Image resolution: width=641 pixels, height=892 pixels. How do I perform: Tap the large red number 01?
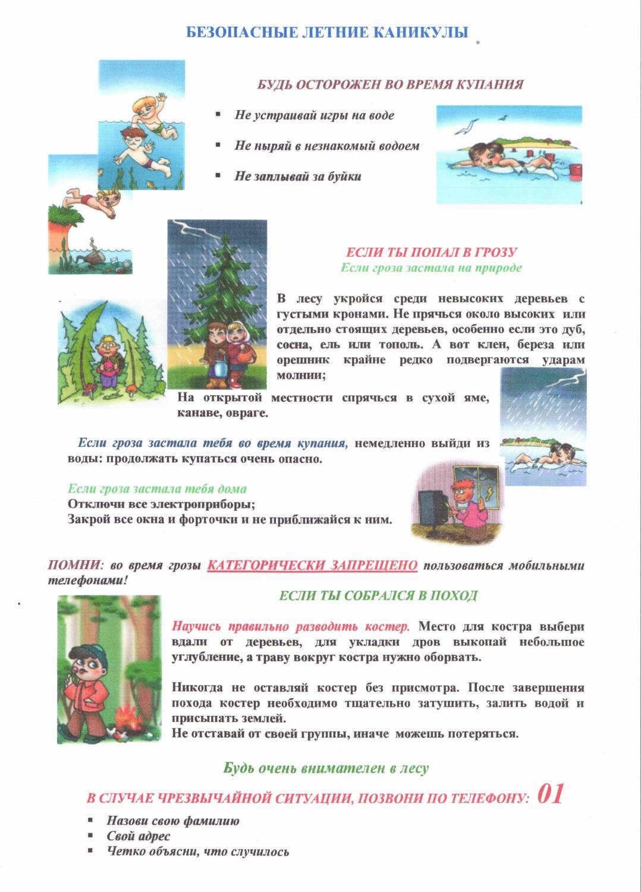tap(550, 794)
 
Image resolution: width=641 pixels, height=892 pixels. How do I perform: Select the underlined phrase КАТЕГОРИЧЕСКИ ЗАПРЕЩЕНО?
tap(312, 566)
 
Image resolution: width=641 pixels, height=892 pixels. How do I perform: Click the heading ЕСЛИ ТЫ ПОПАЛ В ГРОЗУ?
tap(431, 252)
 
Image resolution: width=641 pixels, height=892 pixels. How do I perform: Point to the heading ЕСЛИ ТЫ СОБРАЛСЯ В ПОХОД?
tap(378, 596)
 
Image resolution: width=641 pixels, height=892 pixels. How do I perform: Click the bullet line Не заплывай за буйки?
tap(297, 176)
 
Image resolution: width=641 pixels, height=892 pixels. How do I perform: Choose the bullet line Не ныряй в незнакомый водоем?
tap(326, 146)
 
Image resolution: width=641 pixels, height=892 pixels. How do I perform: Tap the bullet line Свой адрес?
tap(138, 836)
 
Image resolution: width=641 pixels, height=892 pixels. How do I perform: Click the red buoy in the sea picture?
tap(575, 172)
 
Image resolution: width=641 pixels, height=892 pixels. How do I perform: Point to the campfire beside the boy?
tap(127, 714)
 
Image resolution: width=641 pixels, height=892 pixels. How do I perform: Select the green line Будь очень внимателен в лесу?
tap(326, 768)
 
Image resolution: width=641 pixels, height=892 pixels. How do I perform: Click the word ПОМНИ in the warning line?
tap(75, 566)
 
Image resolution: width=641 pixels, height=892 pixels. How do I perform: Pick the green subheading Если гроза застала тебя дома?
tap(157, 489)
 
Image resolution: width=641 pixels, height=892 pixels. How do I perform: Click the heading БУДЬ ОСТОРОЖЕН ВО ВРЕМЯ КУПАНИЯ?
tap(390, 84)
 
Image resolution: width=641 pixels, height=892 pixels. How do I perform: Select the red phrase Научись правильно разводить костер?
tap(290, 626)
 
